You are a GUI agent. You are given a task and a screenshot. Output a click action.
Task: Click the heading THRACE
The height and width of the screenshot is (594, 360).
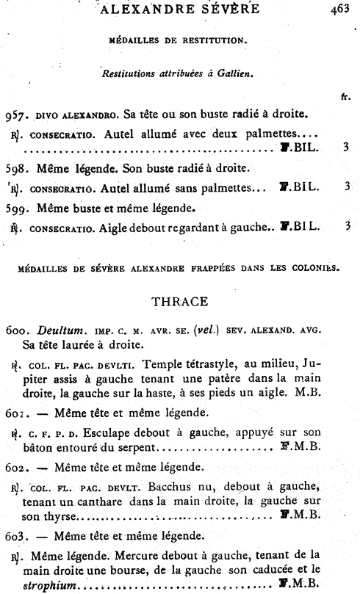coord(179,301)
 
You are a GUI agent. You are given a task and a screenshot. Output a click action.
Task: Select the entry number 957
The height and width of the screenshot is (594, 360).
coord(15,115)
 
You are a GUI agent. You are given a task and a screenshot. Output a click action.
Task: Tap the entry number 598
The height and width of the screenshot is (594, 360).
coord(15,168)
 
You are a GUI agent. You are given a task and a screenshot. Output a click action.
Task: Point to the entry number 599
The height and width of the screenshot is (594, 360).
coord(15,209)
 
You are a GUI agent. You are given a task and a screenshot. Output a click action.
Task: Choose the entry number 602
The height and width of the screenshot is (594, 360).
coord(15,467)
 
